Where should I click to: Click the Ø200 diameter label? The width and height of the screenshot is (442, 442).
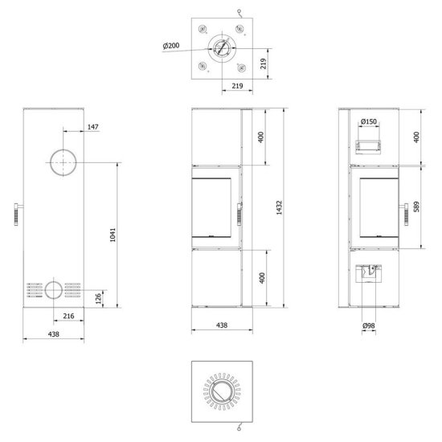[171, 45]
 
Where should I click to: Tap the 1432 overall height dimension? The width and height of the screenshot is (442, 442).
[279, 208]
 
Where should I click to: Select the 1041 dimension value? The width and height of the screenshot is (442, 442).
[113, 235]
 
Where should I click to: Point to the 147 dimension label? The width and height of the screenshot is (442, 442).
[93, 127]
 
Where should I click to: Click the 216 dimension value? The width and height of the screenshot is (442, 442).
[68, 316]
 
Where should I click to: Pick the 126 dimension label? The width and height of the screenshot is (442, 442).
[98, 299]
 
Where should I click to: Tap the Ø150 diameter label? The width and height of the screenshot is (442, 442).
[369, 121]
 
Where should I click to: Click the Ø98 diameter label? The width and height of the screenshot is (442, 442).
[369, 325]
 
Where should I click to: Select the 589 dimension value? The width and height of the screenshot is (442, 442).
[416, 207]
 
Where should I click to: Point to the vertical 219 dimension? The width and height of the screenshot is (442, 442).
[264, 63]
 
